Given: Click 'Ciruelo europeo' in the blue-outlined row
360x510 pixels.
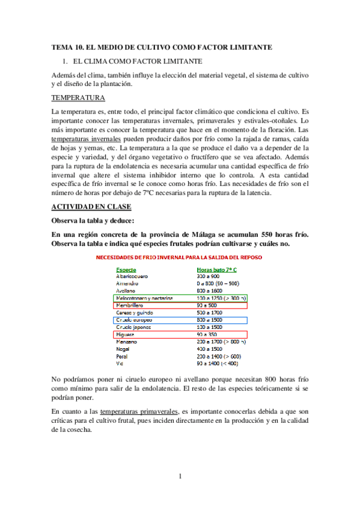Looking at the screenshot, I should (x=138, y=319).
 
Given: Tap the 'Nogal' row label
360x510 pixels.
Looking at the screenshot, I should (x=124, y=348).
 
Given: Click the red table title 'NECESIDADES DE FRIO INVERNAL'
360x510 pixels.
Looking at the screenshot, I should (x=180, y=257).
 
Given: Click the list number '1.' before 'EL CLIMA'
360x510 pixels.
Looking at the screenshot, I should (x=66, y=61).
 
